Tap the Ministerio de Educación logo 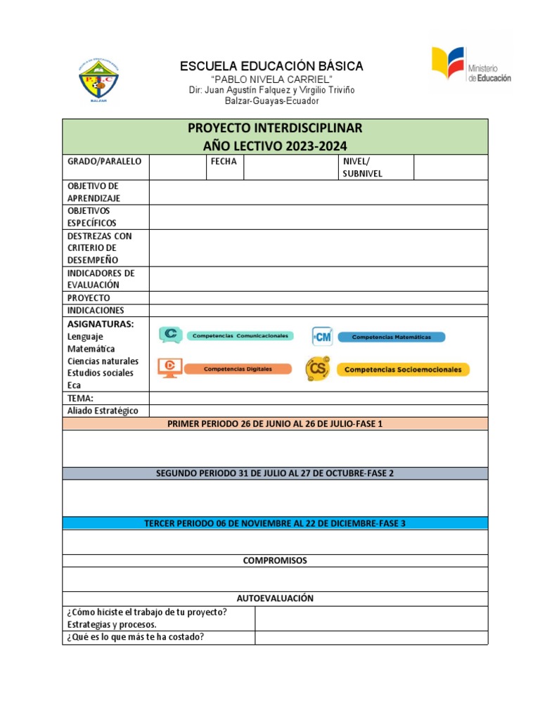pyautogui.click(x=470, y=68)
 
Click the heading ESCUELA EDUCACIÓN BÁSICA pyautogui.click(x=271, y=66)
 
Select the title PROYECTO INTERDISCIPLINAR pyautogui.click(x=275, y=128)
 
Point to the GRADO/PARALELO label pyautogui.click(x=104, y=161)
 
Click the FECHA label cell pyautogui.click(x=224, y=161)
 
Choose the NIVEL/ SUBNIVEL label pyautogui.click(x=363, y=167)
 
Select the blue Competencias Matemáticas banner pyautogui.click(x=391, y=337)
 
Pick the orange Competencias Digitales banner pyautogui.click(x=238, y=368)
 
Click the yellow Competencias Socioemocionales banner pyautogui.click(x=402, y=369)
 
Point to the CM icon pyautogui.click(x=322, y=337)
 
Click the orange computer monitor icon pyautogui.click(x=169, y=367)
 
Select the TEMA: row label pyautogui.click(x=80, y=398)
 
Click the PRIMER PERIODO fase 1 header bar pyautogui.click(x=275, y=423)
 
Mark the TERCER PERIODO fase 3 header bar pyautogui.click(x=275, y=523)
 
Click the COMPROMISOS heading pyautogui.click(x=275, y=560)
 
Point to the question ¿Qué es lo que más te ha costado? pyautogui.click(x=136, y=637)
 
